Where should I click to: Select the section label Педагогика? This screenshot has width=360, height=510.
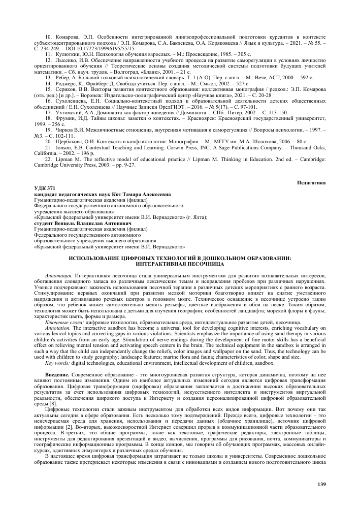pos(311,182)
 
